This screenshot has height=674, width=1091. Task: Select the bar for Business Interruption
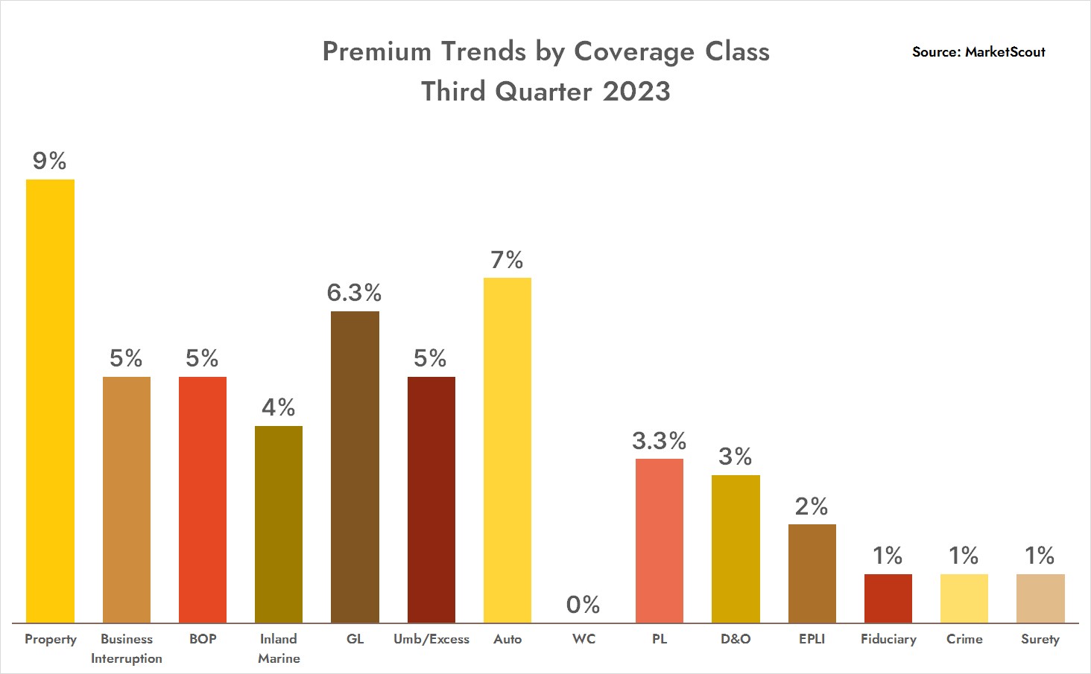(127, 499)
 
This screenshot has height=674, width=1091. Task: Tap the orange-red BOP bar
(203, 499)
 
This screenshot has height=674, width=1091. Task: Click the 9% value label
(50, 161)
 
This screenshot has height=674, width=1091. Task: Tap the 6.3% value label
(355, 293)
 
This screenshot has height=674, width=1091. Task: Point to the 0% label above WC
(584, 605)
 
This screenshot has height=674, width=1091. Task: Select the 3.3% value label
(660, 441)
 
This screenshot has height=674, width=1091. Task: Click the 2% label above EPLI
(812, 506)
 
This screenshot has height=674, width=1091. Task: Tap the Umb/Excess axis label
(431, 639)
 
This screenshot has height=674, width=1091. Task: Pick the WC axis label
(584, 639)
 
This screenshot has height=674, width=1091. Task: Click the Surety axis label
(1040, 639)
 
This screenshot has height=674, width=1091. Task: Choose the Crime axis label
(964, 639)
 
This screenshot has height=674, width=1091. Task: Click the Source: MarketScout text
(978, 52)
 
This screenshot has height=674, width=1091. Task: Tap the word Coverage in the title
(634, 52)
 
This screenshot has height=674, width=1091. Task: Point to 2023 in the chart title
(636, 92)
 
